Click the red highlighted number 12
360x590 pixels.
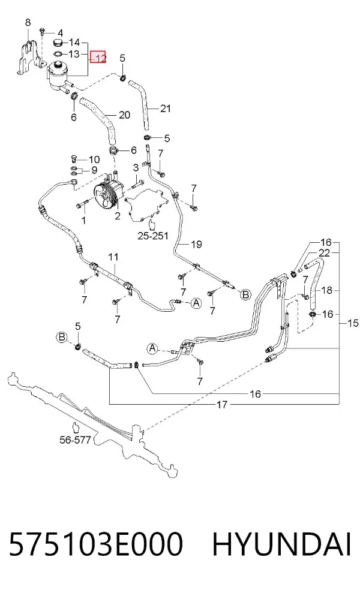(100, 57)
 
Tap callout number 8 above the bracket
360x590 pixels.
(28, 23)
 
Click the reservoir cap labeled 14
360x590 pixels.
(58, 42)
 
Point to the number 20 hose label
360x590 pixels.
(124, 115)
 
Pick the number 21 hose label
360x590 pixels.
(166, 109)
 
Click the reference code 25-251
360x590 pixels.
(153, 236)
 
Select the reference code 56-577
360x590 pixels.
(76, 440)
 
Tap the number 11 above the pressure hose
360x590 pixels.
(113, 257)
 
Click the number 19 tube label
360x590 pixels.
(196, 244)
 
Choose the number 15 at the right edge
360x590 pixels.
(353, 323)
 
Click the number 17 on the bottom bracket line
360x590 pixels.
(222, 405)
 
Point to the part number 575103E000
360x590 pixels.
(96, 544)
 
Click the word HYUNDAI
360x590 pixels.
(281, 544)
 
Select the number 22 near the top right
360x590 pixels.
(324, 252)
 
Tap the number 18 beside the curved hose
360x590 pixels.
(327, 290)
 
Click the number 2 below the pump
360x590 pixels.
(118, 216)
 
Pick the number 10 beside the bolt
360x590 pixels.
(94, 159)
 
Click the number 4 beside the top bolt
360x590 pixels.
(60, 34)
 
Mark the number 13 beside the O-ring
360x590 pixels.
(74, 54)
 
